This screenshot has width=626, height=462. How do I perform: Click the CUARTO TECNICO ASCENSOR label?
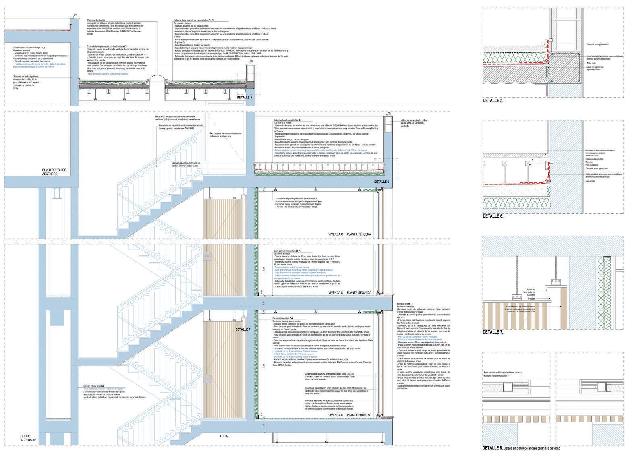50,172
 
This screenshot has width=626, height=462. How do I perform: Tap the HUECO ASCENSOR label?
28,438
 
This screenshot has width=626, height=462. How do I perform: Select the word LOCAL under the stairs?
224,436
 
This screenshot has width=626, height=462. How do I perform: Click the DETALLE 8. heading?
493,448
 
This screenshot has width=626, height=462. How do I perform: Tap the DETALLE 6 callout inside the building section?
380,182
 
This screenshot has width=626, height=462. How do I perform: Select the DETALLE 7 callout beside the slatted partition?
243,329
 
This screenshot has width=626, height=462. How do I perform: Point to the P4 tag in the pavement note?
211,133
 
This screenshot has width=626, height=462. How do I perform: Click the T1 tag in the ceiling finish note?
277,199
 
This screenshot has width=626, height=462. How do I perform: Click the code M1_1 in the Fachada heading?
410,303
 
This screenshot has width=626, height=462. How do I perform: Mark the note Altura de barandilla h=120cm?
415,120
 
